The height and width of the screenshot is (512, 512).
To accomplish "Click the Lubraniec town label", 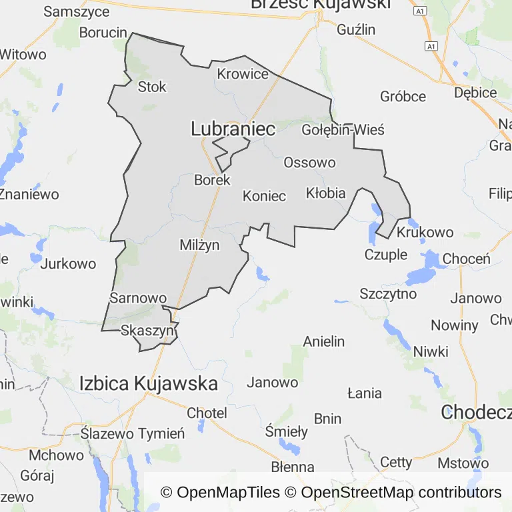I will click(x=233, y=129).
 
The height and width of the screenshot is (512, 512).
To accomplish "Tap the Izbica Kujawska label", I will click(x=148, y=383).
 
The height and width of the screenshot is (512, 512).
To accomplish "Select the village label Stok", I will click(x=151, y=87).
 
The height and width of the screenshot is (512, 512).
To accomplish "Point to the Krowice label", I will click(x=243, y=74).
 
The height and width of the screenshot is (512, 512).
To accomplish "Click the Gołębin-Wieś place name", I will click(x=343, y=129).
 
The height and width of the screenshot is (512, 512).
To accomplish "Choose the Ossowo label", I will click(x=309, y=162).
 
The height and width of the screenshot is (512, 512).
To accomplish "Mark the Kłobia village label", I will click(x=325, y=193).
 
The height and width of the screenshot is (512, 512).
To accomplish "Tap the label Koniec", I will click(x=264, y=196).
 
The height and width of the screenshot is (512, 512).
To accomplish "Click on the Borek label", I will click(x=212, y=180).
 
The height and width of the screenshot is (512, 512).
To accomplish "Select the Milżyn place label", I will click(x=199, y=245).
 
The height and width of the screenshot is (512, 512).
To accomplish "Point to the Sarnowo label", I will click(x=137, y=298).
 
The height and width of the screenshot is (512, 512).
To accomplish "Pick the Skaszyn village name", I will click(x=147, y=330).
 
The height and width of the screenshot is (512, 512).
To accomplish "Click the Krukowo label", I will click(x=425, y=233).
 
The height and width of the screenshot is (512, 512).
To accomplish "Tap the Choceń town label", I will click(x=466, y=259).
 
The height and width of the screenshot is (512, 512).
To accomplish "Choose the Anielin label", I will click(x=324, y=341).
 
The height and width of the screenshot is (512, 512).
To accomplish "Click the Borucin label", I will click(x=103, y=32).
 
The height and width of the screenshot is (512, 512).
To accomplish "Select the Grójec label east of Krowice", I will click(x=403, y=97).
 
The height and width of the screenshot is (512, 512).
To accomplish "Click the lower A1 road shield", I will click(x=431, y=46).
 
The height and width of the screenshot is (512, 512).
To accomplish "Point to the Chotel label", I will click(x=207, y=413).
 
